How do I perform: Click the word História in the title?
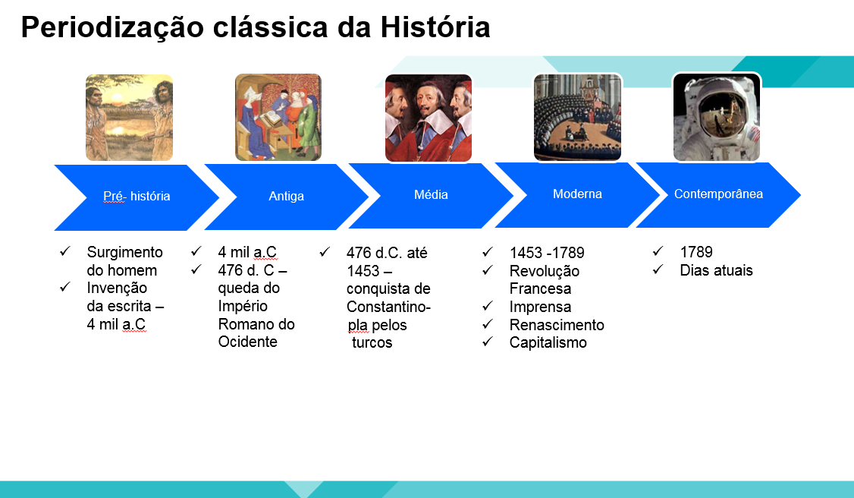tap(435, 27)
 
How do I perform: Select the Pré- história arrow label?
tap(137, 196)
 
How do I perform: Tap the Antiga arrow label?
tap(287, 196)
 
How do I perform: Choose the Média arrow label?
tap(431, 194)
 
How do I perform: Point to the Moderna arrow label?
tap(577, 194)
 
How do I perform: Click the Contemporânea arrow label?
tap(718, 194)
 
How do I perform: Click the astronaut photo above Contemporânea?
tap(716, 117)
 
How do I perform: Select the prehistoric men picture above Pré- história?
tap(129, 118)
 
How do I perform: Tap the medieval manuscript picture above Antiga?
tap(278, 117)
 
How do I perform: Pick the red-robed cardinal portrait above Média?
tap(429, 118)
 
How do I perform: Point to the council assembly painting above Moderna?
tap(577, 118)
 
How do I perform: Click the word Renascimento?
tap(557, 325)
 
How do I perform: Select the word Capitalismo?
tap(548, 342)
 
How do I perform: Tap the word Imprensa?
tap(540, 307)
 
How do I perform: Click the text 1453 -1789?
tap(547, 253)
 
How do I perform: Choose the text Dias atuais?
tap(716, 270)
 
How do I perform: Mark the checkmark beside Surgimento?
tap(65, 251)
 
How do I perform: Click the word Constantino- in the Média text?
tap(388, 307)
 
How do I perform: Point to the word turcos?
tap(372, 342)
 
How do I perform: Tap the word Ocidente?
tap(248, 342)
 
